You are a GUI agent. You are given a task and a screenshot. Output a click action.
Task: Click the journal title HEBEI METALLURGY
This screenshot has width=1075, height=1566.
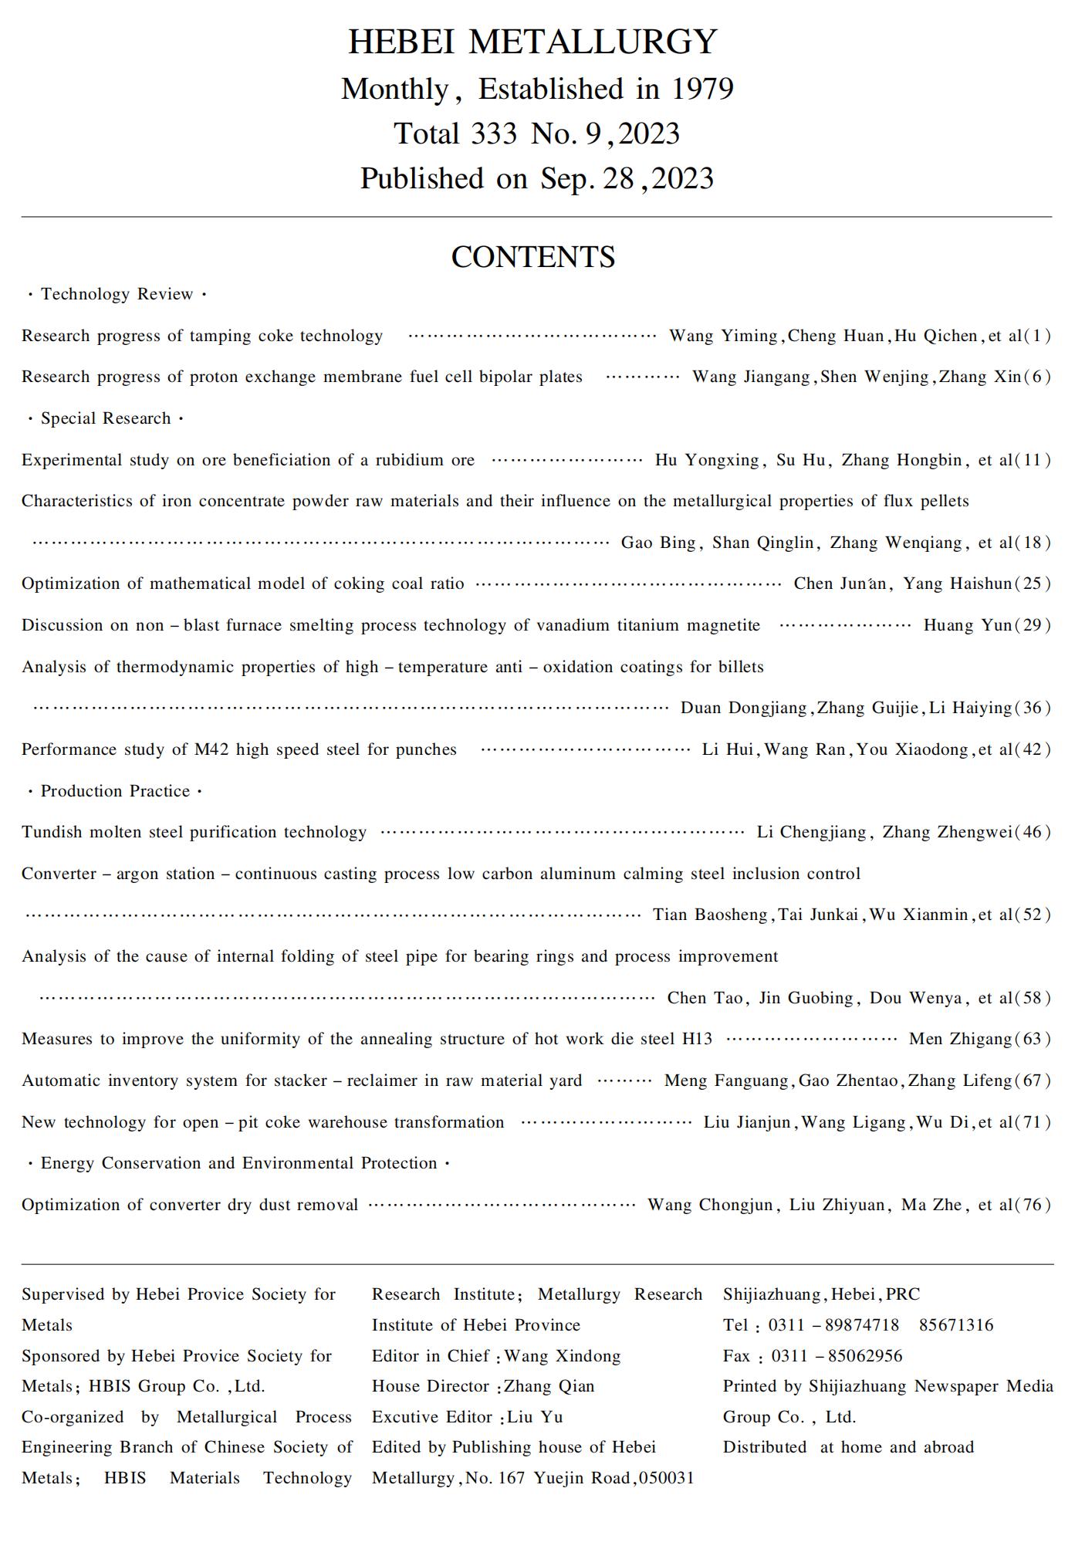532,42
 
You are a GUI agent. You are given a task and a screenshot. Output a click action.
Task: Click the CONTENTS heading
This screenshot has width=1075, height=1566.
532,257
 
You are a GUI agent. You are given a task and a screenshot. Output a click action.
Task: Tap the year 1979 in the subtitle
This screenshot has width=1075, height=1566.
701,90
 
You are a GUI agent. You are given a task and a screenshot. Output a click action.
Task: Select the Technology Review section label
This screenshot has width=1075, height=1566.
117,294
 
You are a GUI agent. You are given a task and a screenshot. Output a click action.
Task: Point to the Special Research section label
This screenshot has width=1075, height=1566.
106,418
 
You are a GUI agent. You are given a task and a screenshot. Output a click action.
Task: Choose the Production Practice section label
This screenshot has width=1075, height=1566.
115,791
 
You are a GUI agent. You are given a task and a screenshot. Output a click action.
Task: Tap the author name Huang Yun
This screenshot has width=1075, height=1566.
967,625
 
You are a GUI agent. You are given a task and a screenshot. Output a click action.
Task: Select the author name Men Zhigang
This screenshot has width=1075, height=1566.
959,1039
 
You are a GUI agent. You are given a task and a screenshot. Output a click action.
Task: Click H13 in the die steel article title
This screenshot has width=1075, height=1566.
697,1039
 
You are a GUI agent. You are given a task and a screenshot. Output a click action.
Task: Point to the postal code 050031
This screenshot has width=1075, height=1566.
667,1478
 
